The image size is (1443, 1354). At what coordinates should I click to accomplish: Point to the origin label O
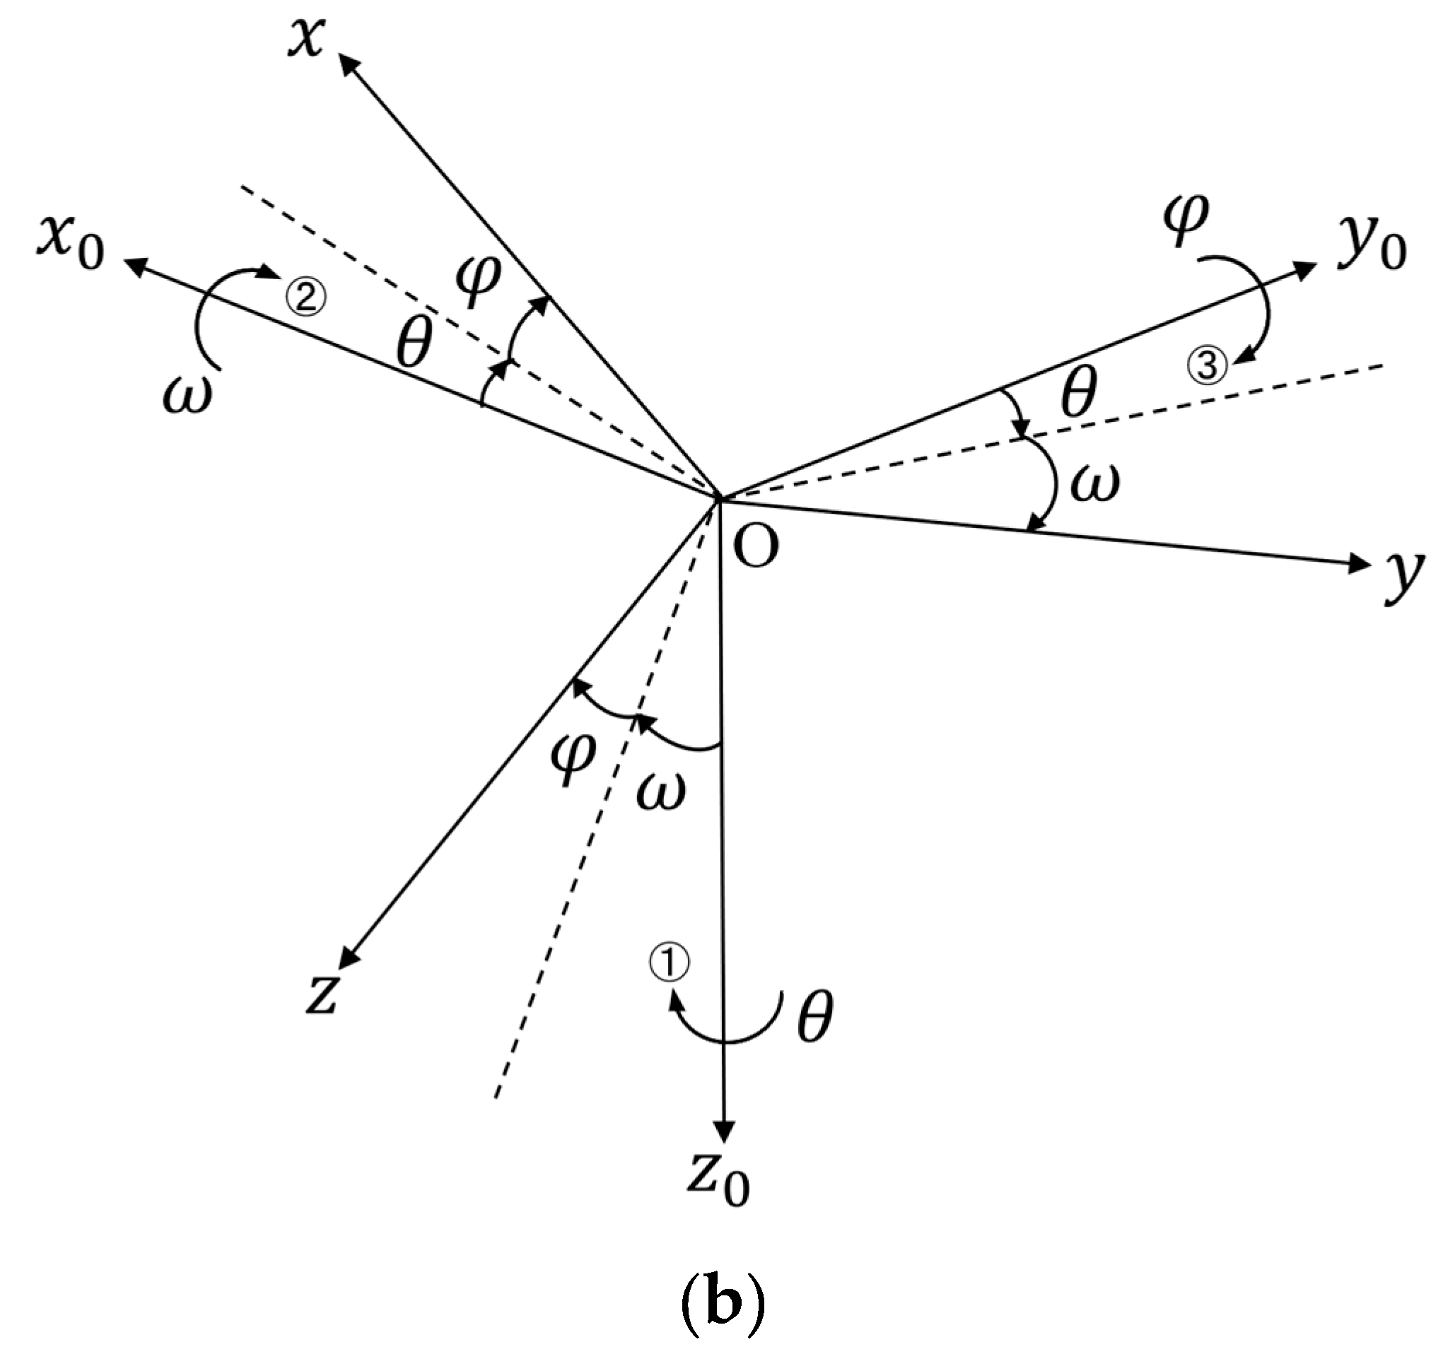(x=756, y=546)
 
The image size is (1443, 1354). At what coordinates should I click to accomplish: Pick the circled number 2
(x=307, y=298)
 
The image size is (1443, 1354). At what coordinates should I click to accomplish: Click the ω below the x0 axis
(x=188, y=396)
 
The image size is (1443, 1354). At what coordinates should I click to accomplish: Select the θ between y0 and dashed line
(x=1078, y=392)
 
